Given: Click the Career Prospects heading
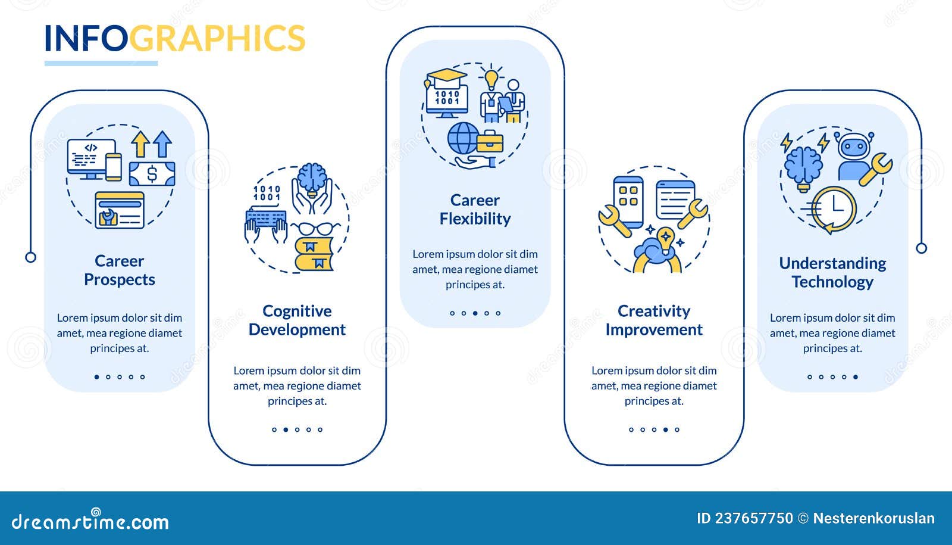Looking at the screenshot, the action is pyautogui.click(x=120, y=270).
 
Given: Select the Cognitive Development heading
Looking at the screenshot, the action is pyautogui.click(x=297, y=320).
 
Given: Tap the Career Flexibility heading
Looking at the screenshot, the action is pyautogui.click(x=475, y=209).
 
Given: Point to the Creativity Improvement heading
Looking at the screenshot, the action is pyautogui.click(x=654, y=320).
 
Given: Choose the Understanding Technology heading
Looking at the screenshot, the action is pyautogui.click(x=832, y=273).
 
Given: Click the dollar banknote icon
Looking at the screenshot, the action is pyautogui.click(x=152, y=173).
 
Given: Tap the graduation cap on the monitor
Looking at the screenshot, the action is pyautogui.click(x=446, y=77).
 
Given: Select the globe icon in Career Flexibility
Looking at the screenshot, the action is pyautogui.click(x=463, y=138).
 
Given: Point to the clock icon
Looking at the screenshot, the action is pyautogui.click(x=834, y=209).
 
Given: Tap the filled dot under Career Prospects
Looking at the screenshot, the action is pyautogui.click(x=97, y=377).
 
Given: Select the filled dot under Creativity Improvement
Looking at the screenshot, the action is pyautogui.click(x=666, y=429).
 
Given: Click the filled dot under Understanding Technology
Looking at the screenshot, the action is pyautogui.click(x=856, y=377).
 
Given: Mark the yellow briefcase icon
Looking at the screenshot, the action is pyautogui.click(x=490, y=141).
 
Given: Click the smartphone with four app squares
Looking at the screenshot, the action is pyautogui.click(x=628, y=202).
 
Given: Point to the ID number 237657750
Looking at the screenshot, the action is pyautogui.click(x=754, y=518).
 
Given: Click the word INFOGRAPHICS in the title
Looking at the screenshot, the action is pyautogui.click(x=175, y=38).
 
